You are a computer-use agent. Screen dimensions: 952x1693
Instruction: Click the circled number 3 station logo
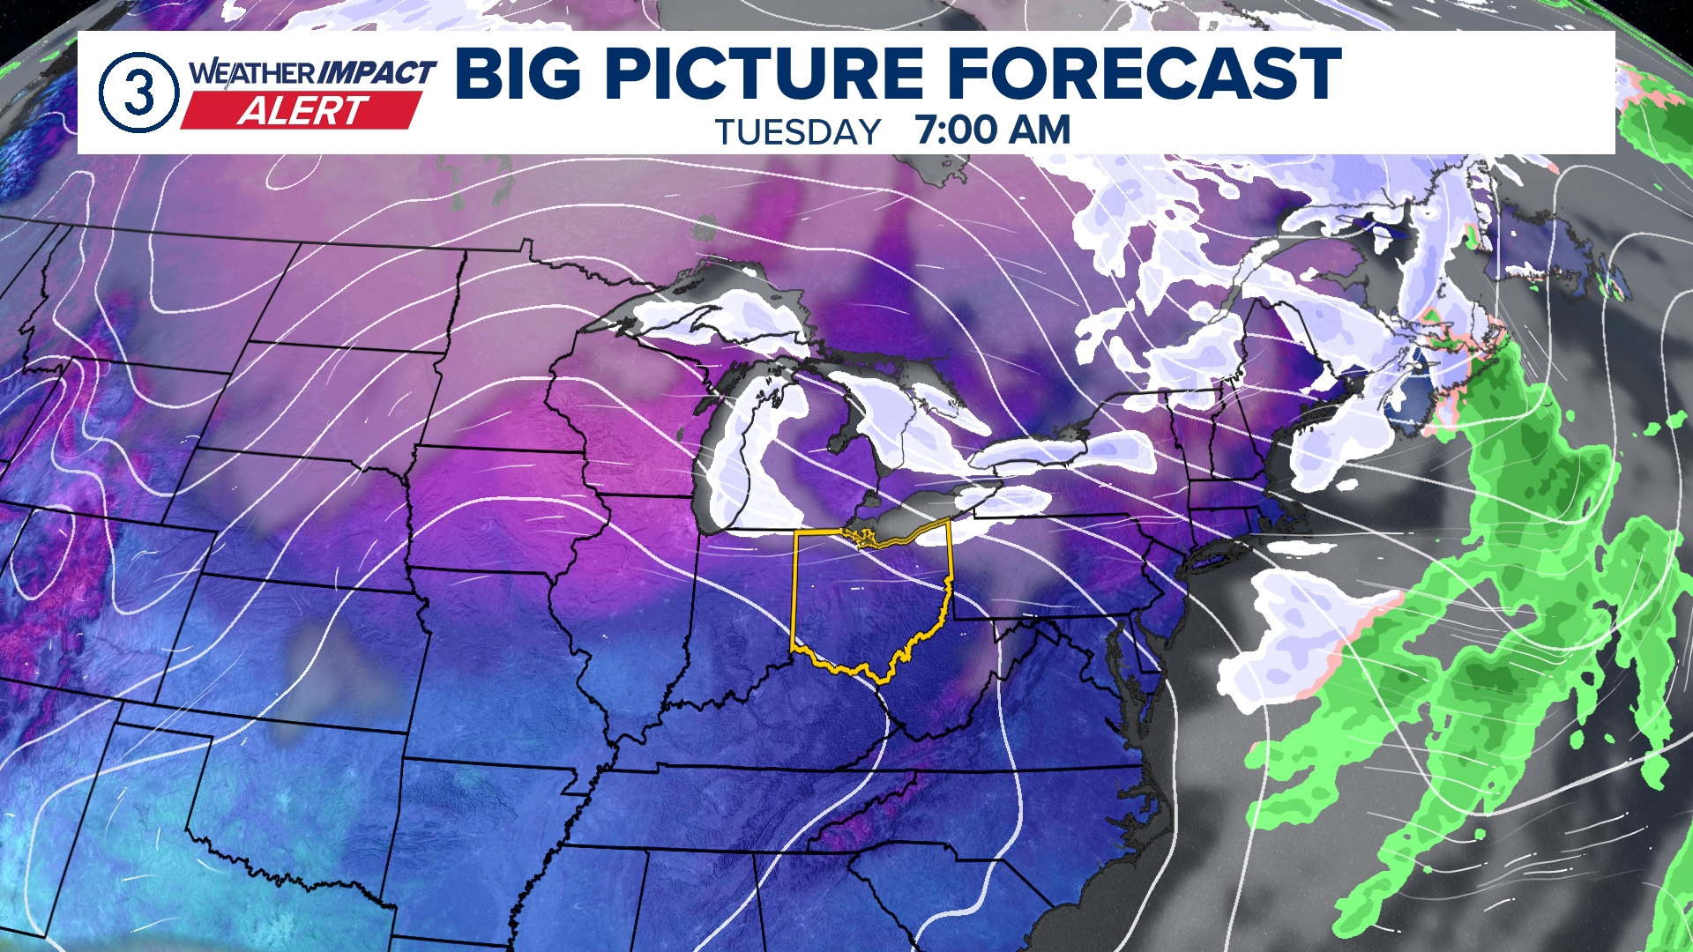(x=138, y=92)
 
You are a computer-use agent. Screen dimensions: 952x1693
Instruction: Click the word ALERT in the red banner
(x=302, y=112)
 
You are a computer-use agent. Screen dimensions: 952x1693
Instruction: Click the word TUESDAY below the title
(x=797, y=132)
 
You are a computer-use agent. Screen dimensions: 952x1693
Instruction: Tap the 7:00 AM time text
(x=993, y=130)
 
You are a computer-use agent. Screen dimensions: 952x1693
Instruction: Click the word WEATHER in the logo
(x=252, y=72)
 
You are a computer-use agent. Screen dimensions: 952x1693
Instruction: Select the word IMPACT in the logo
(x=377, y=72)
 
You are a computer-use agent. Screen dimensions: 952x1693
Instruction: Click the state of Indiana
(x=741, y=617)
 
